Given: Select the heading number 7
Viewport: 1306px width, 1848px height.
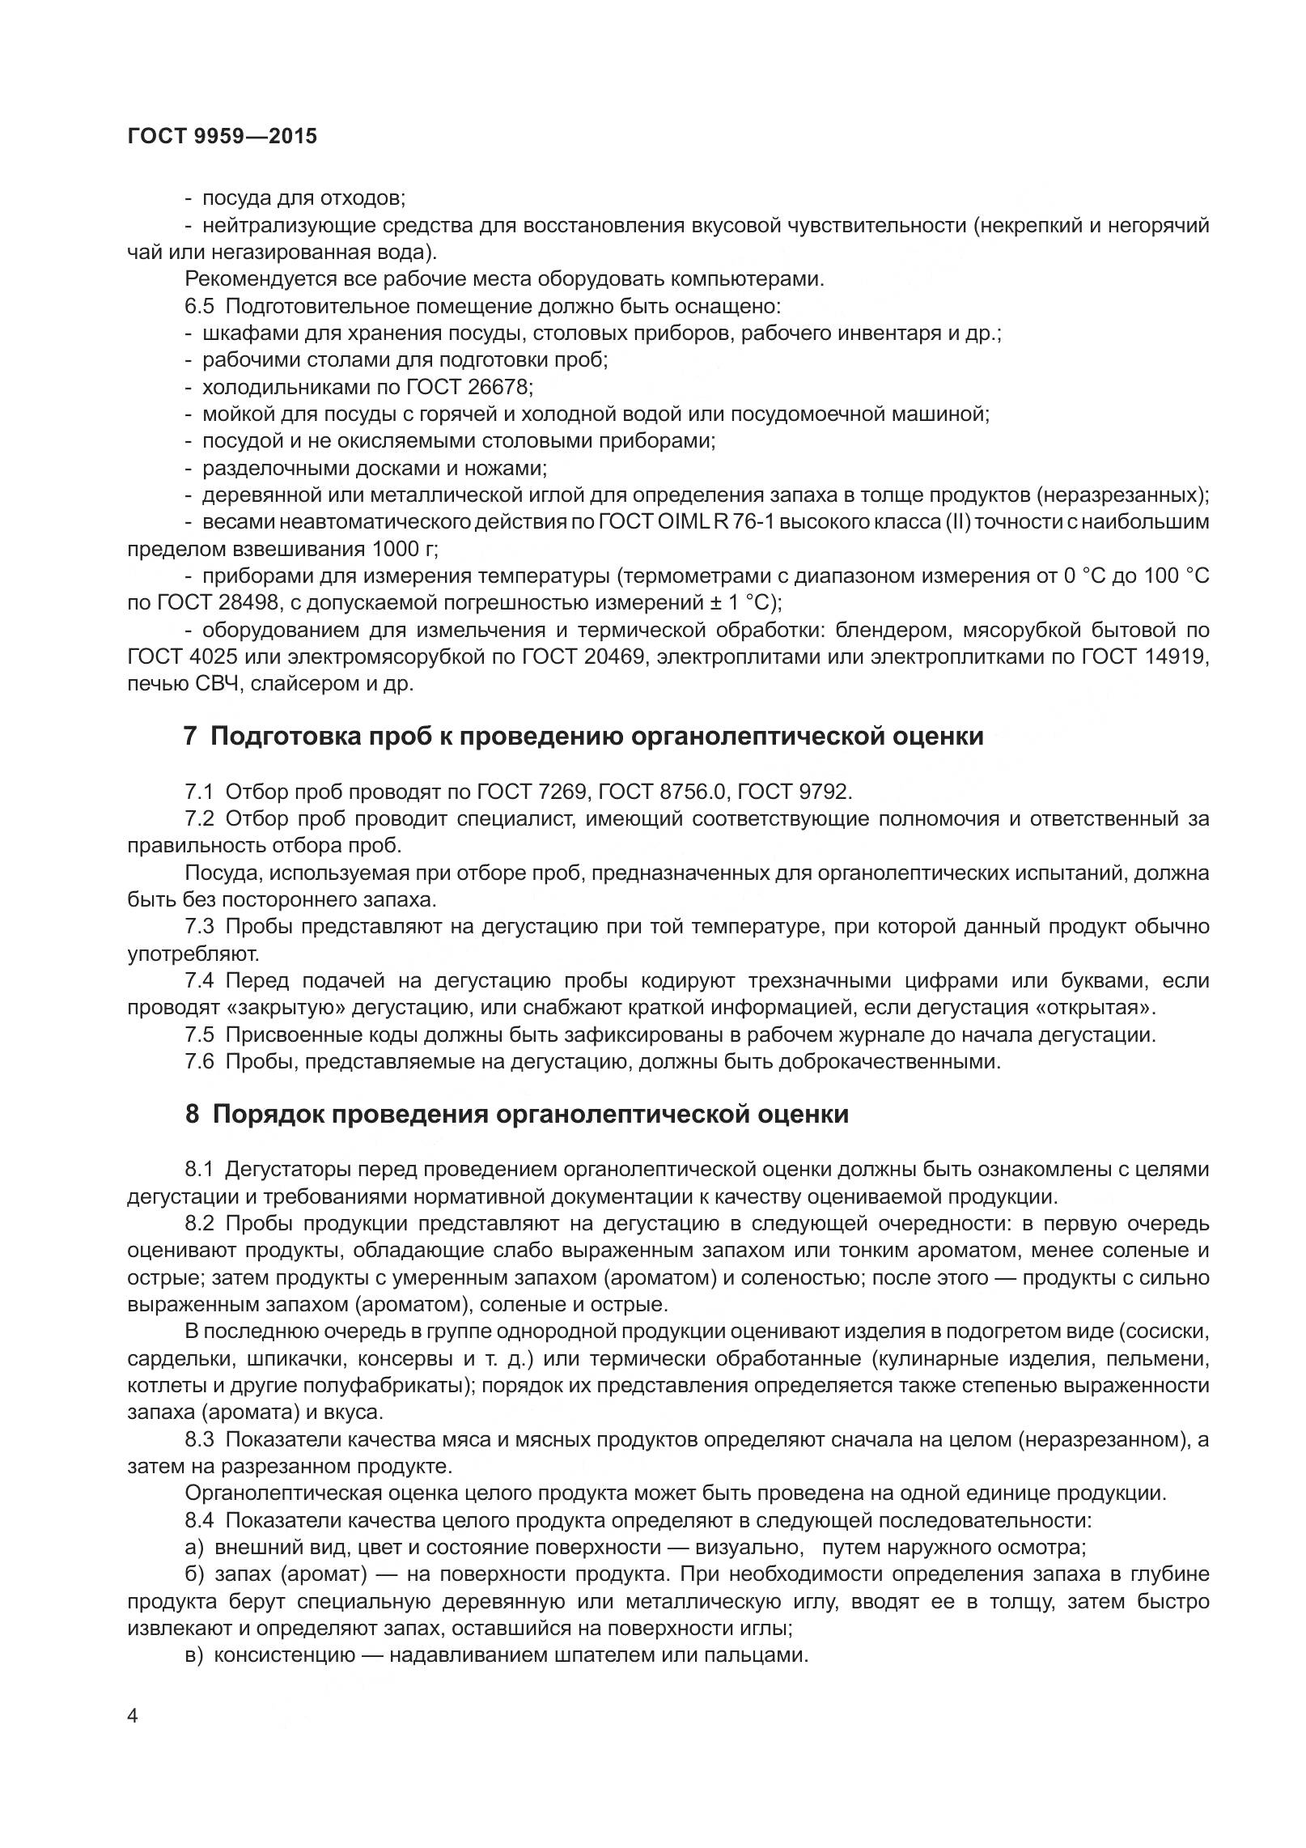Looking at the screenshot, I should (191, 737).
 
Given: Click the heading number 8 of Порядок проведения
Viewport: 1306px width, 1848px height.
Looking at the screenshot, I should (192, 1115).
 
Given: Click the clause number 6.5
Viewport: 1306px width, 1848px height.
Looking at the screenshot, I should (199, 306).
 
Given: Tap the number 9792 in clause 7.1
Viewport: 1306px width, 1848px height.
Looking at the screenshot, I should (823, 791).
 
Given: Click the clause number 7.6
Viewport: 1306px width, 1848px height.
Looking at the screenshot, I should (199, 1061).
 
